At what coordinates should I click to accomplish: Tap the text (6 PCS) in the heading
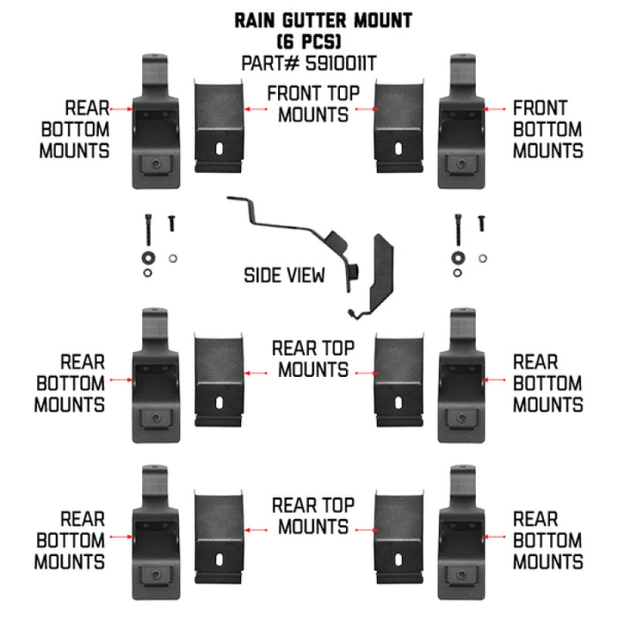pyautogui.click(x=308, y=41)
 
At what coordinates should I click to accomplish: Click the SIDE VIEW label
pyautogui.click(x=284, y=275)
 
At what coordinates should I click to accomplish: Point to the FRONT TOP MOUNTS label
pyautogui.click(x=308, y=104)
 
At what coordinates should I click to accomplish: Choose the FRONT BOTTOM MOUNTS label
pyautogui.click(x=547, y=129)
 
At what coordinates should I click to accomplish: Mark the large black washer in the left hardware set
pyautogui.click(x=146, y=258)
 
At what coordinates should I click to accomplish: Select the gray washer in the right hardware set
pyautogui.click(x=482, y=259)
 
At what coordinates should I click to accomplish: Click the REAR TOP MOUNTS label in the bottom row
pyautogui.click(x=313, y=516)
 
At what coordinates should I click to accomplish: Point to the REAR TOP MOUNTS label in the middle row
pyautogui.click(x=313, y=358)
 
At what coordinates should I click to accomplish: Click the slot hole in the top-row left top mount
pyautogui.click(x=218, y=149)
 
